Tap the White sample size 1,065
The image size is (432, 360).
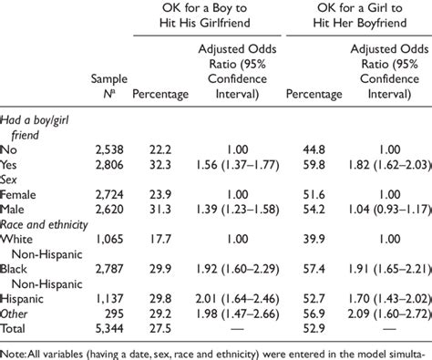(x=107, y=246)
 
